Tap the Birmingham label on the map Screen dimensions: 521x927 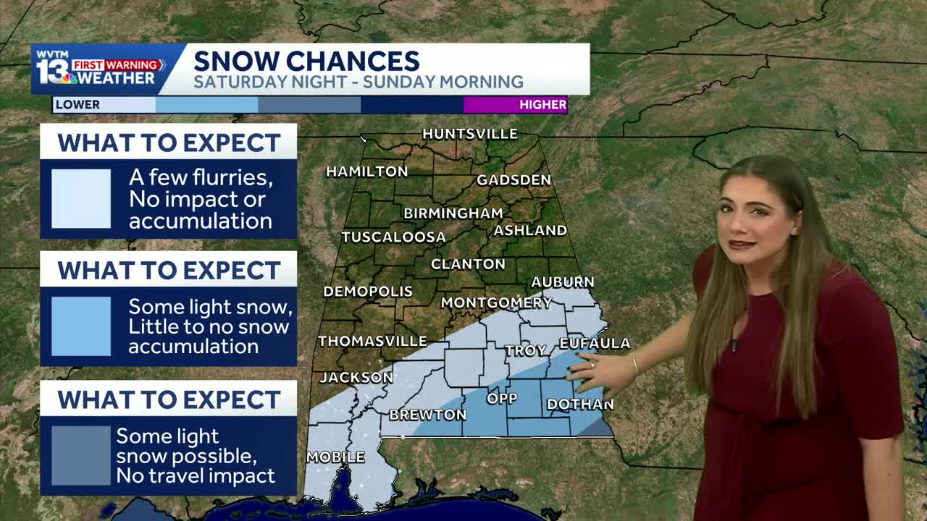pos(453,213)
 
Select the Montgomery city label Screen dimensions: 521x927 pos(496,302)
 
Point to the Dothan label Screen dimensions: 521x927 pos(580,404)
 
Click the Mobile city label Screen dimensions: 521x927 pos(335,457)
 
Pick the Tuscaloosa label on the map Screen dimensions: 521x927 pos(393,237)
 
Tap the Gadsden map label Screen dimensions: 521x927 pos(513,180)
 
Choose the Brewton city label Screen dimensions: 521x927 pos(427,415)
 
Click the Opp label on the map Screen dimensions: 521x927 pos(502,399)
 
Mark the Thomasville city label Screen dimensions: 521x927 pos(372,341)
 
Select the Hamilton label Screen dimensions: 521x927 pos(366,171)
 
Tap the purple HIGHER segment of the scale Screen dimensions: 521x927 pos(515,105)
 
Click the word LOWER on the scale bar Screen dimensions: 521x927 pos(77,105)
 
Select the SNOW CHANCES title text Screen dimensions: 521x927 pos(306,61)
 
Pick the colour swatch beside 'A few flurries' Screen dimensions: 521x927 pos(81,199)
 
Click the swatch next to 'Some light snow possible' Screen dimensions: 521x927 pos(81,455)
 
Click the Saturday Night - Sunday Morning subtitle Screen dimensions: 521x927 pos(358,82)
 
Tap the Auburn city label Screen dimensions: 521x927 pos(562,282)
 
